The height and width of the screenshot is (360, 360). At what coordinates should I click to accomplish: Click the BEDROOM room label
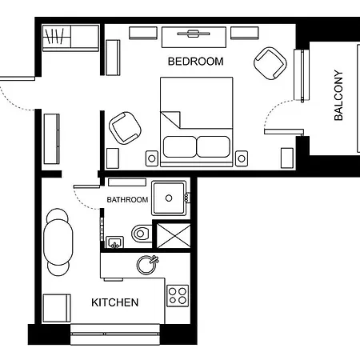195,62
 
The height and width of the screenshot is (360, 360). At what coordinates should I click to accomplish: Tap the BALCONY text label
338,95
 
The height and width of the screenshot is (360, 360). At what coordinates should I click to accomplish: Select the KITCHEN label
114,302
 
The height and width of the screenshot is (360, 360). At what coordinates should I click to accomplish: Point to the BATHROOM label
127,200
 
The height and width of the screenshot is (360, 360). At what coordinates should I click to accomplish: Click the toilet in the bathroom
142,234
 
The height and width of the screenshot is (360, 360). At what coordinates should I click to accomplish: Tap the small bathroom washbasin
114,242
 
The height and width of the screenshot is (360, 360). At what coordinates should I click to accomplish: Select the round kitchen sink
147,265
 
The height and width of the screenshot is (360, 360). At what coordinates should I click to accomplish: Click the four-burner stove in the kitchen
178,296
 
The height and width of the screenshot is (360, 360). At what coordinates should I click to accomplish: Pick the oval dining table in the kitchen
58,242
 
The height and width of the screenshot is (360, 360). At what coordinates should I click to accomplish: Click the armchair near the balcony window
270,63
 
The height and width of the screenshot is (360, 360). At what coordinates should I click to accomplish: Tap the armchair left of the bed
125,128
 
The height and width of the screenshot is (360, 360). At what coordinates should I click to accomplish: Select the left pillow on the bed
180,146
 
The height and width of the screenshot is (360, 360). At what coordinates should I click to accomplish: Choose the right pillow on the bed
213,146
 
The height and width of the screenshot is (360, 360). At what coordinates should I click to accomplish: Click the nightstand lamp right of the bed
242,158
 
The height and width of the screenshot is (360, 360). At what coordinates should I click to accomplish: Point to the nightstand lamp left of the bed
152,158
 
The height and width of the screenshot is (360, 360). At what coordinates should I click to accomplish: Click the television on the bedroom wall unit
194,34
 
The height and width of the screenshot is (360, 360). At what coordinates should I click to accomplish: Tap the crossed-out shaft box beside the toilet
174,236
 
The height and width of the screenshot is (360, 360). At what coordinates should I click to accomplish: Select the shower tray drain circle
169,198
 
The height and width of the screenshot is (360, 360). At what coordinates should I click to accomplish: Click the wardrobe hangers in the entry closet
55,36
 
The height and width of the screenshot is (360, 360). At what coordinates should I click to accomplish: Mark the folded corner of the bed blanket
170,119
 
